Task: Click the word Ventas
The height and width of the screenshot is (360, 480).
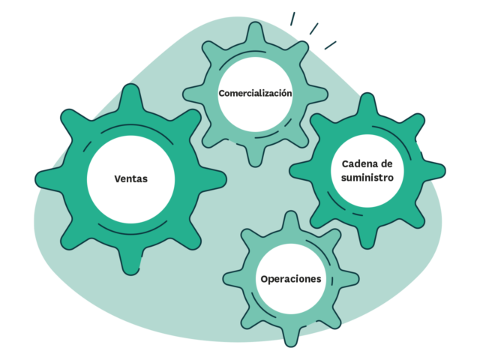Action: (x=131, y=178)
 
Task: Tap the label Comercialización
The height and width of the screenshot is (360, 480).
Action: (x=255, y=93)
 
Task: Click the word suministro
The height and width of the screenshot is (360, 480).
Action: (x=367, y=178)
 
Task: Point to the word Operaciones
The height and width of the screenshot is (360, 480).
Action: (x=291, y=279)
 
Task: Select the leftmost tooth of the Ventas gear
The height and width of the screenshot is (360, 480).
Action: (x=49, y=179)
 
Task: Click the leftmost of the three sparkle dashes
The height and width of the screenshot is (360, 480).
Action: (x=292, y=19)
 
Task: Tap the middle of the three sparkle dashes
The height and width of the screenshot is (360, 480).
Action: (x=313, y=28)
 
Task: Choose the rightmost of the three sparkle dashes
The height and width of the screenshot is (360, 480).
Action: (x=330, y=45)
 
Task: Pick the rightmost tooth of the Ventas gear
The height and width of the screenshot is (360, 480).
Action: (x=213, y=179)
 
